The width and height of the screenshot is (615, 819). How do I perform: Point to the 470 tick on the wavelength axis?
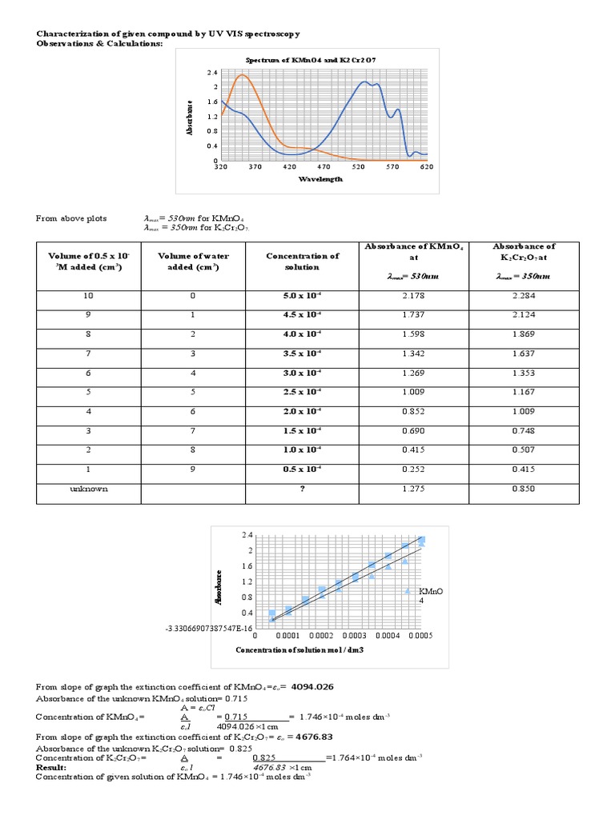(x=324, y=166)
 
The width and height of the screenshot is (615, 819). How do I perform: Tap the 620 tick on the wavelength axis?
(x=426, y=166)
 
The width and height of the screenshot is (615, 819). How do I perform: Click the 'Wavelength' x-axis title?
(x=321, y=179)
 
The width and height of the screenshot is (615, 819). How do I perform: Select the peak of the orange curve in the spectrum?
(x=242, y=75)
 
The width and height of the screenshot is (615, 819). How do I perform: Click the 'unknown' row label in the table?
(x=89, y=488)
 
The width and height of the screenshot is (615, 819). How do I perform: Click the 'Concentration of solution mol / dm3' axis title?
(x=299, y=649)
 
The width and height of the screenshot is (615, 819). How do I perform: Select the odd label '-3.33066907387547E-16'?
(x=209, y=628)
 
